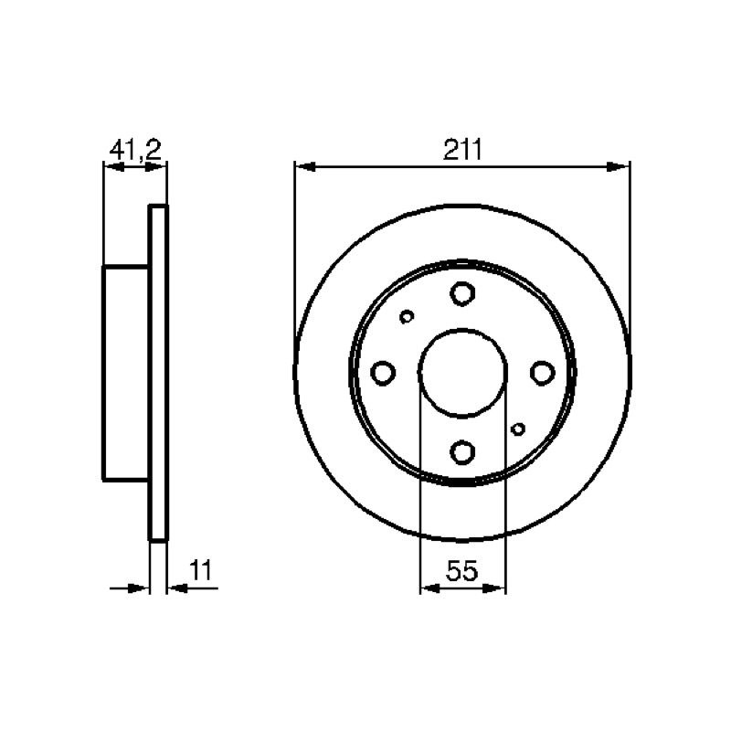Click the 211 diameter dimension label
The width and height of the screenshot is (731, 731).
click(x=462, y=150)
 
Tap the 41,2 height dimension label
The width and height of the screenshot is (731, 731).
click(x=135, y=150)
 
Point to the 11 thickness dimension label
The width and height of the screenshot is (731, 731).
click(x=200, y=569)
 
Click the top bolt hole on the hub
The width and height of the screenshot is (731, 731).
click(x=462, y=293)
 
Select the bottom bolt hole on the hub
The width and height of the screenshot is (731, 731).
click(x=462, y=451)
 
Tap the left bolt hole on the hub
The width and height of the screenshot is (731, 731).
click(x=383, y=373)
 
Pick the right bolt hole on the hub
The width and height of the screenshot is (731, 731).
click(x=543, y=373)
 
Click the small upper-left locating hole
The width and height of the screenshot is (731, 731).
click(x=407, y=316)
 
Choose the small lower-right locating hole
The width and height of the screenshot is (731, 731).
click(x=518, y=429)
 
